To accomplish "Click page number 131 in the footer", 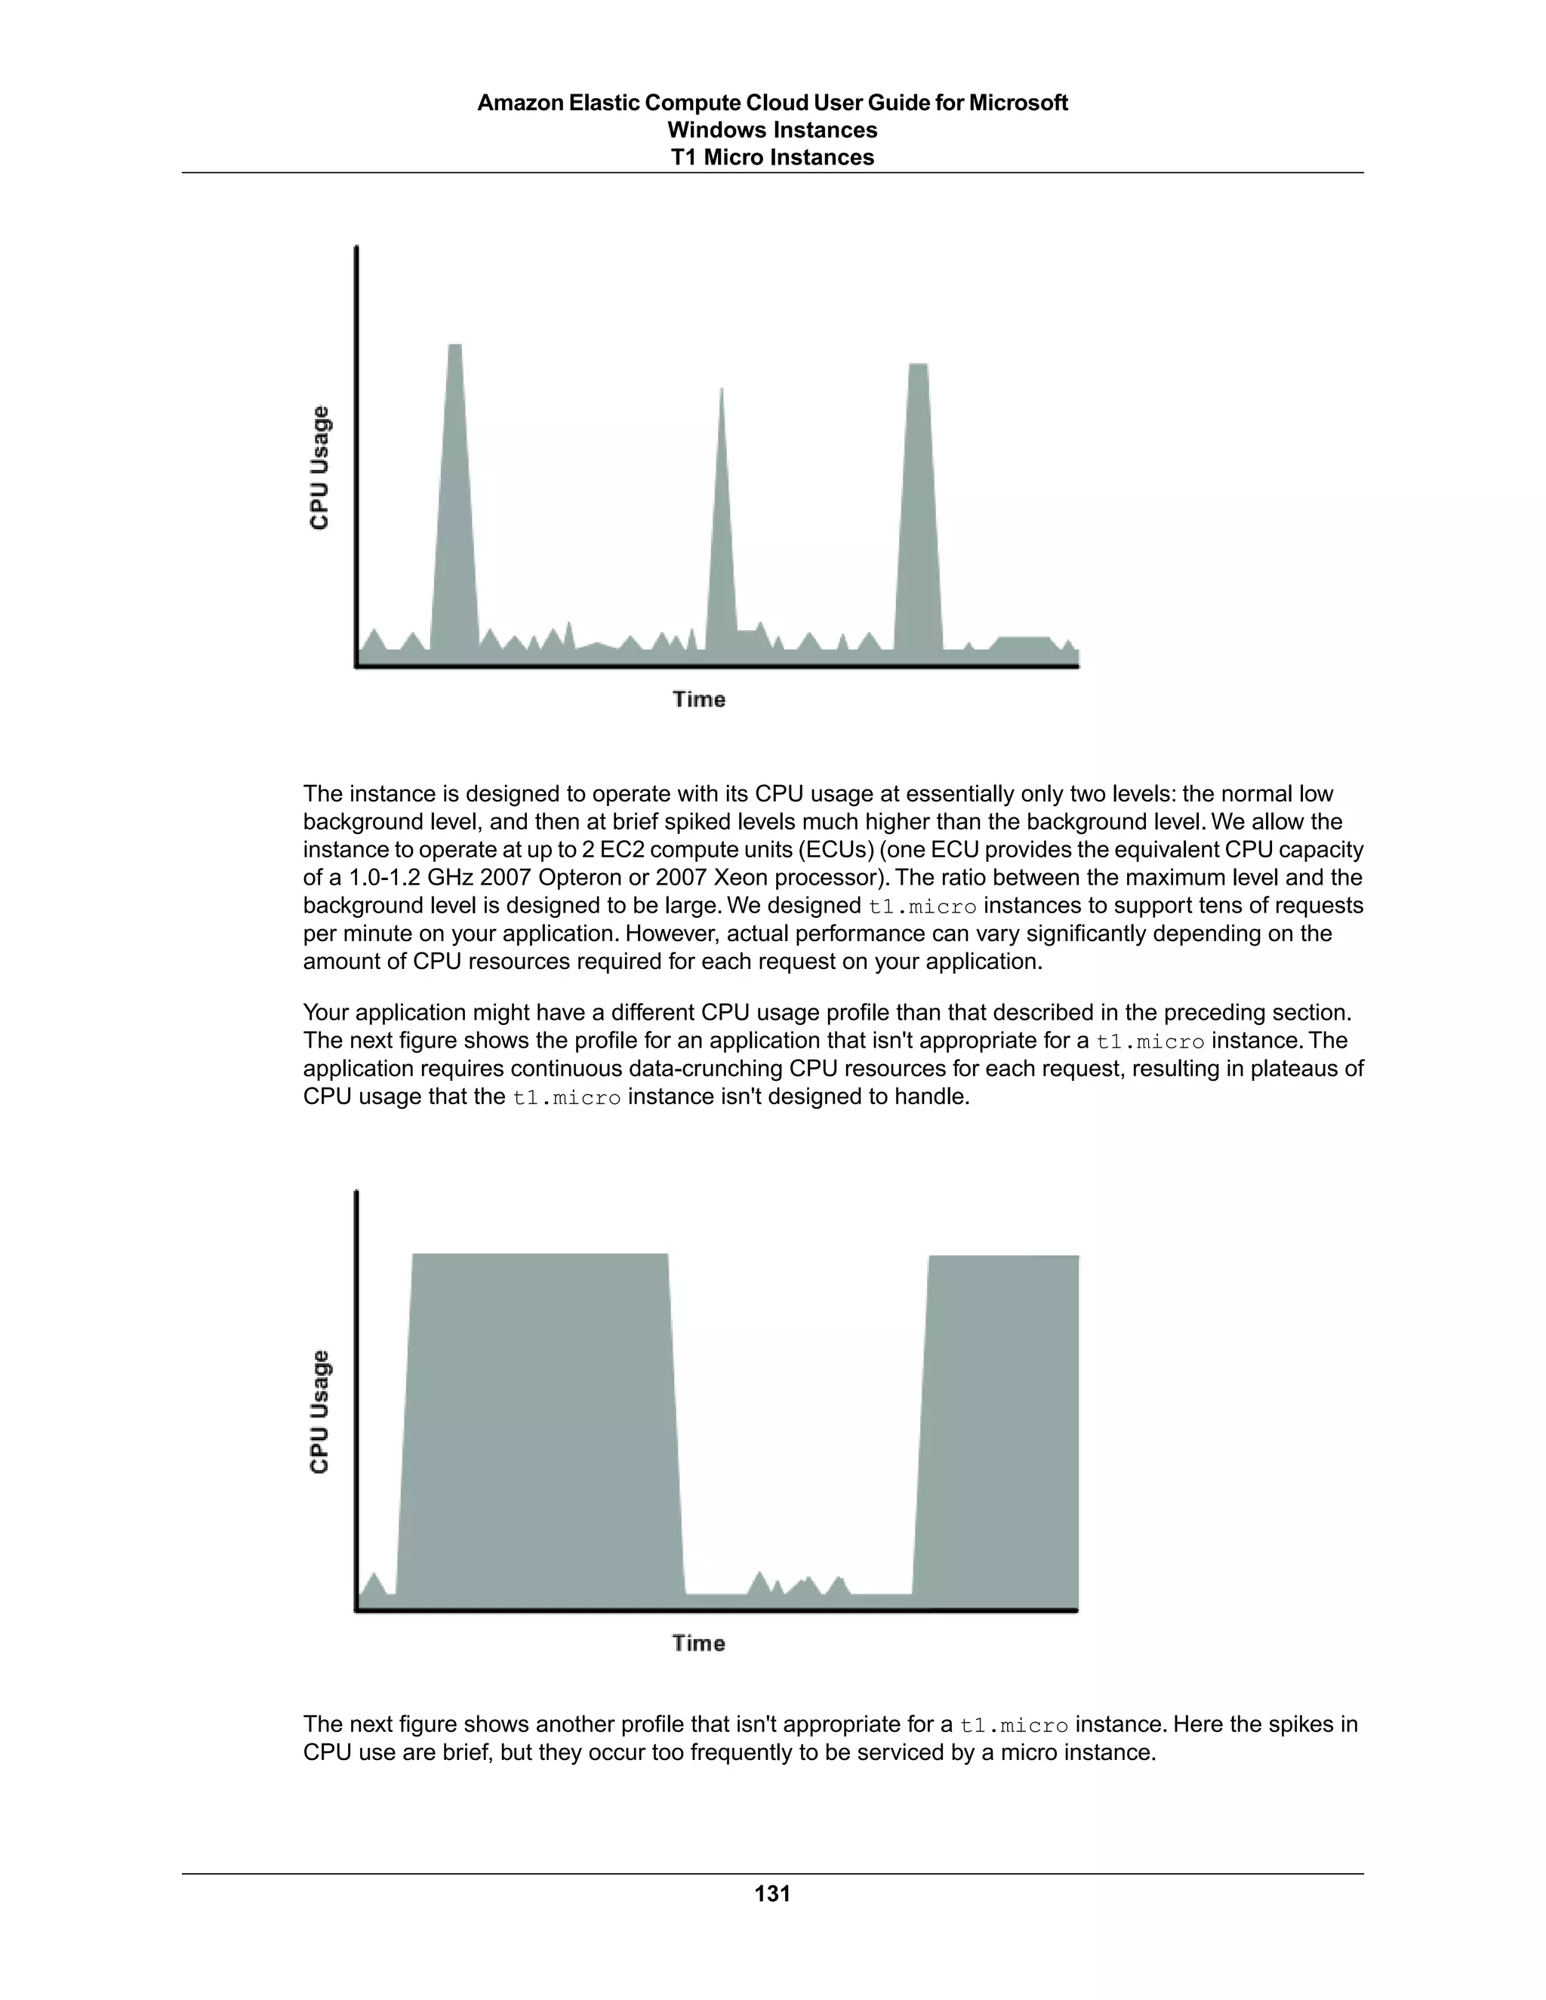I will (x=772, y=1893).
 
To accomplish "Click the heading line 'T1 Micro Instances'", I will (x=772, y=158).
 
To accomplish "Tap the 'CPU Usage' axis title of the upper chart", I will (x=319, y=468).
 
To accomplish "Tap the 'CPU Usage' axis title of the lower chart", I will (x=319, y=1411).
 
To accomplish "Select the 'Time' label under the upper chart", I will (x=699, y=700).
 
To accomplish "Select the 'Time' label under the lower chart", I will (x=699, y=1643).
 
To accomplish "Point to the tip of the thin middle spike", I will (x=722, y=390).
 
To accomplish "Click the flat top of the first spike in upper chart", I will (x=454, y=346).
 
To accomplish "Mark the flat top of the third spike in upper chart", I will (x=918, y=365).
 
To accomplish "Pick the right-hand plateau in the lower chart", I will (x=1003, y=1420).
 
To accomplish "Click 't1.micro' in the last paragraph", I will (x=1014, y=1725).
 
